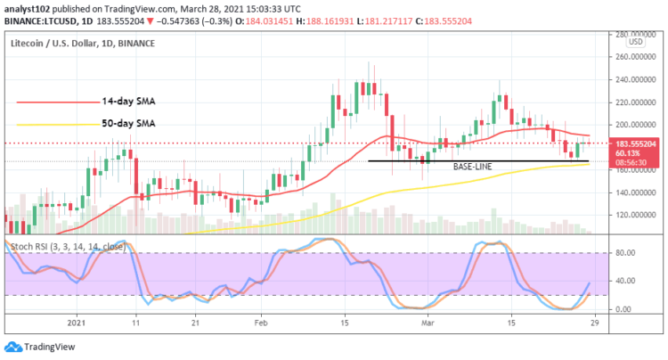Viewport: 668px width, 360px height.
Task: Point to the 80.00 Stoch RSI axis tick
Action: pyautogui.click(x=625, y=253)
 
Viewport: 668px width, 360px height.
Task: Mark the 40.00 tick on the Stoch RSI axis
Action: pyautogui.click(x=625, y=281)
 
